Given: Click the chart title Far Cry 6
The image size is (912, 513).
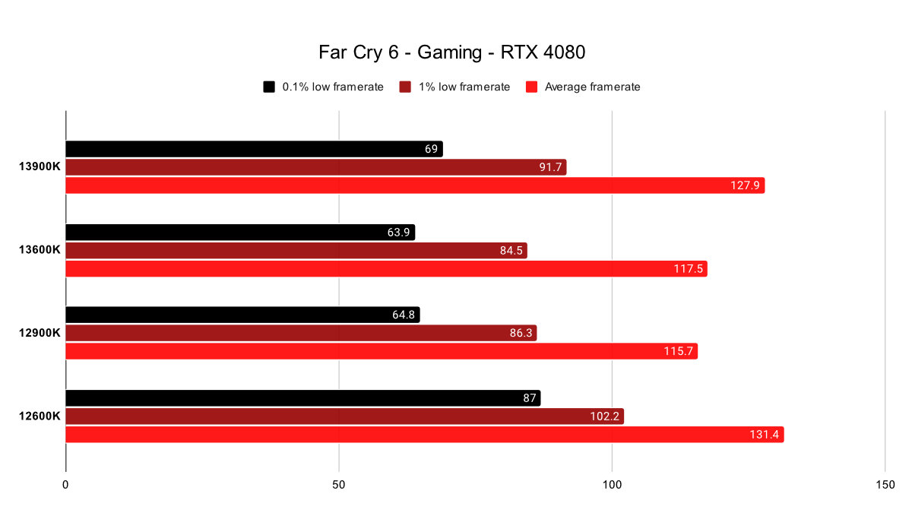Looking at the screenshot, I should (x=452, y=53).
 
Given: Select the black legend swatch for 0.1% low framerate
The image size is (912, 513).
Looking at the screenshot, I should (x=269, y=87).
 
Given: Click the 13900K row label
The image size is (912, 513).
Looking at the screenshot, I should (x=40, y=167).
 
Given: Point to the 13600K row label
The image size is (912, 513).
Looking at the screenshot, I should (x=40, y=250).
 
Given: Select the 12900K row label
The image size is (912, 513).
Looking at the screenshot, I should (x=40, y=333).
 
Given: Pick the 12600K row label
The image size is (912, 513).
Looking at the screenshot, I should (x=40, y=416).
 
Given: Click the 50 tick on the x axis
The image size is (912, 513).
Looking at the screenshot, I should (x=339, y=484).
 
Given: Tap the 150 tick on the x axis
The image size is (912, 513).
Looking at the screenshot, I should (x=885, y=484).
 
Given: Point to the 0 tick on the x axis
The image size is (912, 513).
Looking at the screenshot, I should (x=66, y=484).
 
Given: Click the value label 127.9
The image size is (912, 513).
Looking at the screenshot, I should (x=746, y=185).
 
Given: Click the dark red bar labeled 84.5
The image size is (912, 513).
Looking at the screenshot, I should (x=296, y=250).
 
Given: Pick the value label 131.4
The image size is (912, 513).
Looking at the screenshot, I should (x=765, y=435).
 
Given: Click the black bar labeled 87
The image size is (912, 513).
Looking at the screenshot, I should (x=303, y=397).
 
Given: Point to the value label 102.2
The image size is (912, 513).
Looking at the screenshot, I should (x=604, y=416).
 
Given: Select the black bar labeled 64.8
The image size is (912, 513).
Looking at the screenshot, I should (x=242, y=315).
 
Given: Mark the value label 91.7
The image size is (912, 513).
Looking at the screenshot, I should (x=550, y=167).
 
